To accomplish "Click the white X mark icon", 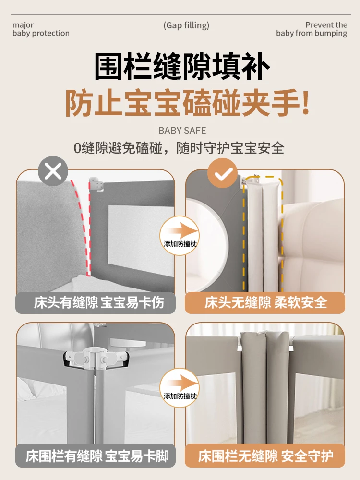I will pyautogui.click(x=53, y=171).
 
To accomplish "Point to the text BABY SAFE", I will pyautogui.click(x=182, y=131).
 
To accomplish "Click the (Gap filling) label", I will pyautogui.click(x=186, y=25).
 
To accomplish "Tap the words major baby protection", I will pyautogui.click(x=41, y=29).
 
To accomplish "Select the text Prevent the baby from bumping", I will pyautogui.click(x=312, y=29).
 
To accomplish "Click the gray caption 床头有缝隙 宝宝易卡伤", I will pyautogui.click(x=98, y=303).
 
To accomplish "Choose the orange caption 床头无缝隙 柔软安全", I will pyautogui.click(x=265, y=303).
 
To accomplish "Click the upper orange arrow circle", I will pyautogui.click(x=180, y=235).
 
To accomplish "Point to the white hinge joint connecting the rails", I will pyautogui.click(x=96, y=357).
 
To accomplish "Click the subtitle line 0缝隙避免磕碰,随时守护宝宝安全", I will pyautogui.click(x=180, y=148).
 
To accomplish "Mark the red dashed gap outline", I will pyautogui.click(x=84, y=226).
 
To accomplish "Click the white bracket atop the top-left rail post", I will pyautogui.click(x=97, y=184).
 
